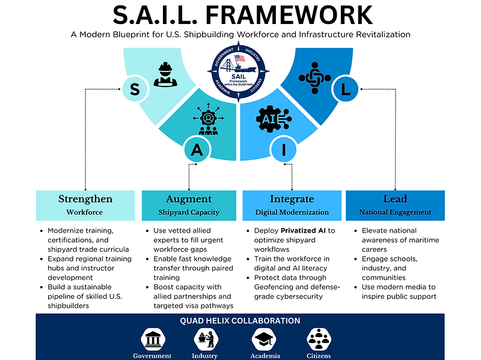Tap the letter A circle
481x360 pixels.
tap(197, 150)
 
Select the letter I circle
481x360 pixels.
tap(284, 150)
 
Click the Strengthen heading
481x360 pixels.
tap(85, 199)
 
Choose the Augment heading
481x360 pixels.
tap(189, 199)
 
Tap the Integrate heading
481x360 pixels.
tap(292, 199)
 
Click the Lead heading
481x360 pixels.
tap(395, 199)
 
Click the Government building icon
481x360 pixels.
tap(152, 340)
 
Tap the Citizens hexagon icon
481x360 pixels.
tap(319, 340)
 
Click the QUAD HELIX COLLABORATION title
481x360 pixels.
tap(240, 321)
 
